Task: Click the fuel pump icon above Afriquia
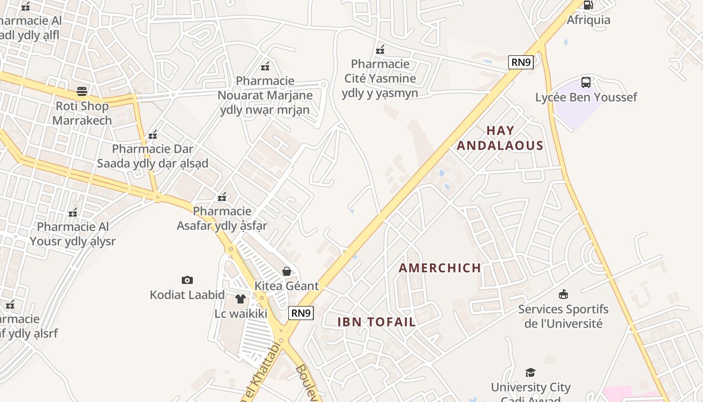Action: tap(588, 5)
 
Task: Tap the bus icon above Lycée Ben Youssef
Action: tap(585, 82)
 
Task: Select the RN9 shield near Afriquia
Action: tap(521, 62)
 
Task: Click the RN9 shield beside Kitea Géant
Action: tap(301, 313)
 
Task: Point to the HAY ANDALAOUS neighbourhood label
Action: tap(500, 138)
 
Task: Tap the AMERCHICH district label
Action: tap(440, 268)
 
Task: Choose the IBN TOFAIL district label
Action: tap(377, 322)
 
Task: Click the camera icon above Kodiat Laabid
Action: tap(187, 280)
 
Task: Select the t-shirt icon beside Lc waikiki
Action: tap(240, 299)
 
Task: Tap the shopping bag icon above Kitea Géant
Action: tap(287, 271)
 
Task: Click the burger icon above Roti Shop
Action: tap(82, 91)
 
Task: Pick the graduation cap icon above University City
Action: tap(530, 372)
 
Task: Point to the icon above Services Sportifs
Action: tap(563, 294)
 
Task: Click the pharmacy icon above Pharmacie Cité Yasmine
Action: tap(380, 49)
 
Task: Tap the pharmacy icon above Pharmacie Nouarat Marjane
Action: tap(265, 66)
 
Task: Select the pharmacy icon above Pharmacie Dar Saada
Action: tap(153, 134)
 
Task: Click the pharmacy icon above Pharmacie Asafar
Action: tap(222, 196)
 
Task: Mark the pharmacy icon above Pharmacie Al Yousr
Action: tap(73, 212)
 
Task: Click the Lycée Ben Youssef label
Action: tap(585, 97)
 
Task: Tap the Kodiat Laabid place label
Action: tap(187, 295)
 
